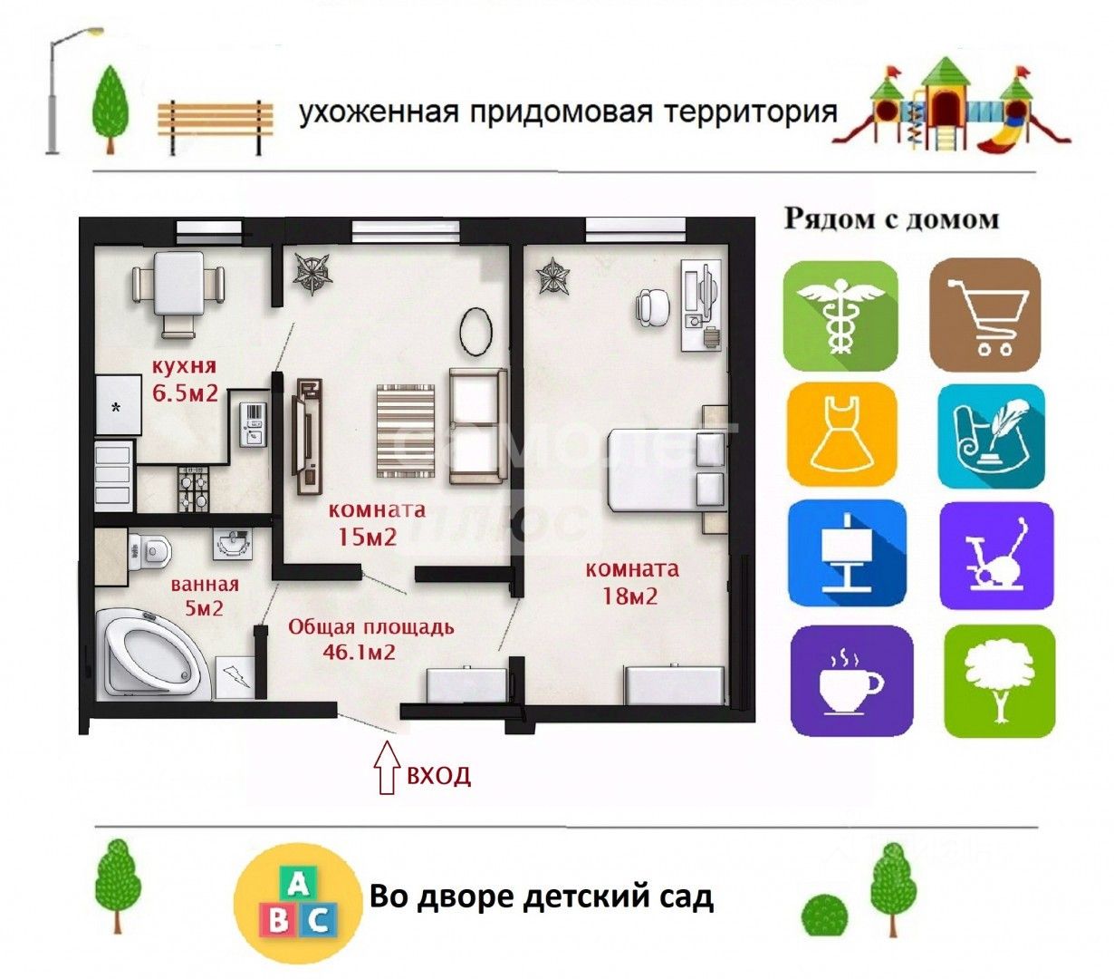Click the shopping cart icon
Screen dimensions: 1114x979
tap(985, 315)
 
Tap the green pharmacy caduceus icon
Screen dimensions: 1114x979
tap(840, 315)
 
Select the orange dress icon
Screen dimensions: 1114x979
tap(841, 434)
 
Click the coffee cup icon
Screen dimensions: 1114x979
tap(850, 680)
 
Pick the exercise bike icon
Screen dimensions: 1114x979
tap(996, 556)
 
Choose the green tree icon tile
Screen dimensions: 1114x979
tap(999, 681)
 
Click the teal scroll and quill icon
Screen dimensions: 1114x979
tap(990, 436)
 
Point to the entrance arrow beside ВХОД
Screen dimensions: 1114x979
tap(388, 768)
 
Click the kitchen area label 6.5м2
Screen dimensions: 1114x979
tap(184, 393)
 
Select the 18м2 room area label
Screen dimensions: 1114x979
tap(630, 596)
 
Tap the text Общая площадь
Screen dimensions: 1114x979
tap(371, 627)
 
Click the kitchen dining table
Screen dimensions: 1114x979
tap(178, 284)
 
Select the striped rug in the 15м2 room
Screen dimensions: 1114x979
tap(407, 431)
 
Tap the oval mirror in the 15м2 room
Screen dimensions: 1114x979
tap(475, 332)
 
